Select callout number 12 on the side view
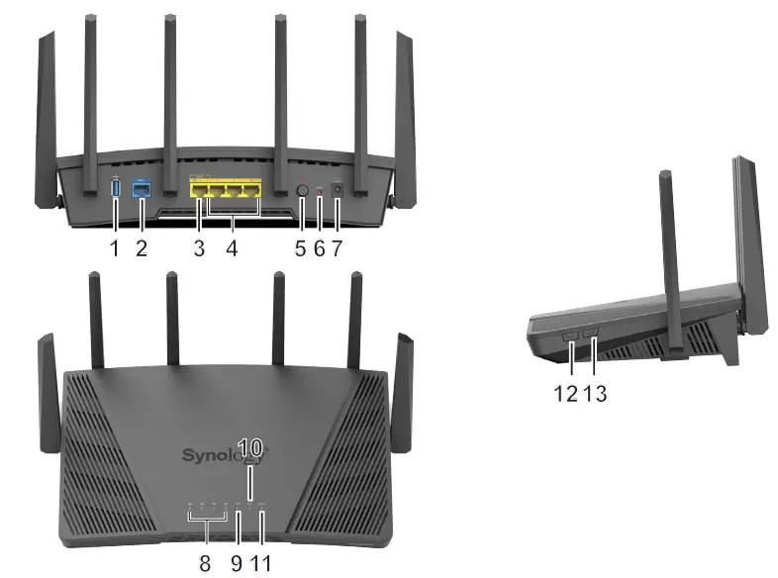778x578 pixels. tap(565, 393)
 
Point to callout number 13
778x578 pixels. tap(595, 393)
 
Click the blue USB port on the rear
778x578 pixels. tap(116, 186)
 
